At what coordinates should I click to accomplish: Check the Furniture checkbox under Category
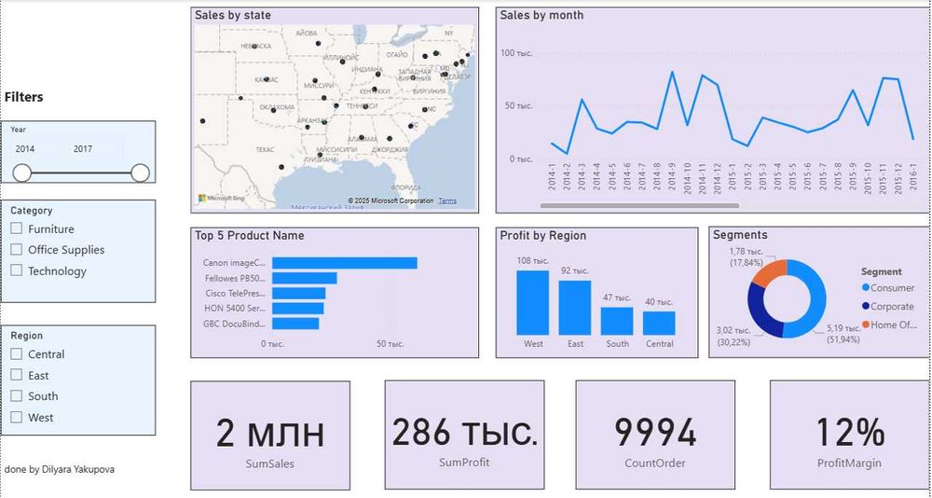click(16, 228)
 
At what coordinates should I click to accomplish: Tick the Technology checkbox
click(16, 271)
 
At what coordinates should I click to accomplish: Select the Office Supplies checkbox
click(16, 250)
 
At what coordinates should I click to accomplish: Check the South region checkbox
click(16, 396)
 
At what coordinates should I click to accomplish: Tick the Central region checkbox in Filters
click(16, 354)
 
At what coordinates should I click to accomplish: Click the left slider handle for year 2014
click(22, 173)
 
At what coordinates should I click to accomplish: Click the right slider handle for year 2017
click(140, 173)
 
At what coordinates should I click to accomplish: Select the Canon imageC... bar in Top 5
click(344, 263)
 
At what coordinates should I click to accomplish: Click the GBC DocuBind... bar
click(295, 324)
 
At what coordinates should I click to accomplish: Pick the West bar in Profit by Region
click(533, 302)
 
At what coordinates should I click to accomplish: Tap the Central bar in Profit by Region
click(658, 323)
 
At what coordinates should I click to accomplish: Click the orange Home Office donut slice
click(770, 273)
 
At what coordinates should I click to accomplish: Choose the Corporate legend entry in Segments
click(891, 306)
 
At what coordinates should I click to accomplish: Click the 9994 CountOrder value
click(654, 433)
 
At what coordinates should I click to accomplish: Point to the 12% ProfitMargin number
click(849, 433)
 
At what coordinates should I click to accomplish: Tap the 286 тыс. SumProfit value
click(464, 433)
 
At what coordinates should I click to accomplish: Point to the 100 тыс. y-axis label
click(515, 53)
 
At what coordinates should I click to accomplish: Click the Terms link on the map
click(447, 201)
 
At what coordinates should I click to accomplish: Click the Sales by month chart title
click(541, 15)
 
